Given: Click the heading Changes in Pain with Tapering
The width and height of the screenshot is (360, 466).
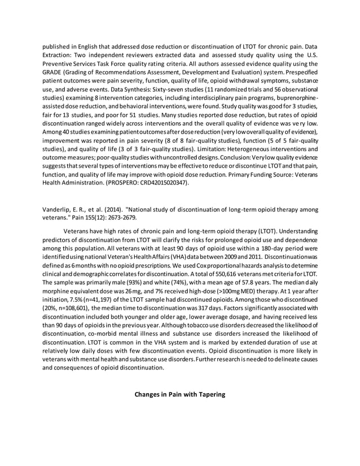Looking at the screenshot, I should pyautogui.click(x=179, y=394).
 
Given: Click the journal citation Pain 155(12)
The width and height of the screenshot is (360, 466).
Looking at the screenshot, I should pyautogui.click(x=103, y=216).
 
